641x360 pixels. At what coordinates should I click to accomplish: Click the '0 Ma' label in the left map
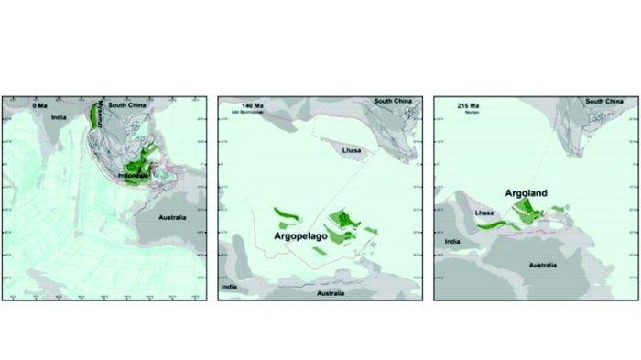click(x=40, y=105)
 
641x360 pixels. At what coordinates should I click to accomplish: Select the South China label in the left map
click(x=128, y=105)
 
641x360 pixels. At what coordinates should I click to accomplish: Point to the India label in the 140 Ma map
click(x=229, y=283)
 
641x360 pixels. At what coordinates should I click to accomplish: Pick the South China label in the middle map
click(x=396, y=100)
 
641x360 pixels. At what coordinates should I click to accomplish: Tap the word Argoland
click(x=531, y=194)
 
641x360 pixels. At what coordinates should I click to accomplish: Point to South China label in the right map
click(x=605, y=100)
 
